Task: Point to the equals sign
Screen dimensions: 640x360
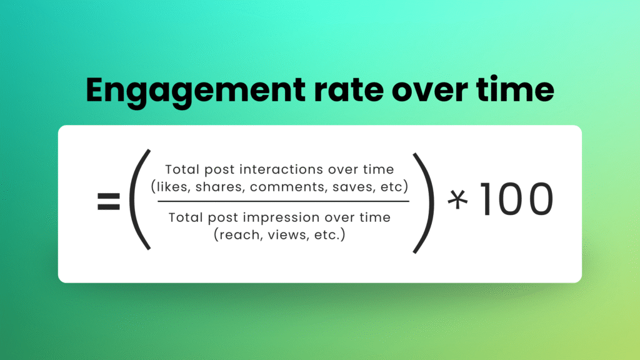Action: coord(109,201)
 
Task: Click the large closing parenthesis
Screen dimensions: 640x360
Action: coord(424,203)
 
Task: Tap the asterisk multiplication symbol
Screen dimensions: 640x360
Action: coord(457,199)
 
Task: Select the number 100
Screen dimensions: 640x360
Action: coord(517,199)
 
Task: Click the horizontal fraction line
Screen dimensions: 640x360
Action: coord(283,201)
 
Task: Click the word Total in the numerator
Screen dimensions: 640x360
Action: coord(182,169)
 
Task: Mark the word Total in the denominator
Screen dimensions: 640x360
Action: coord(186,217)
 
